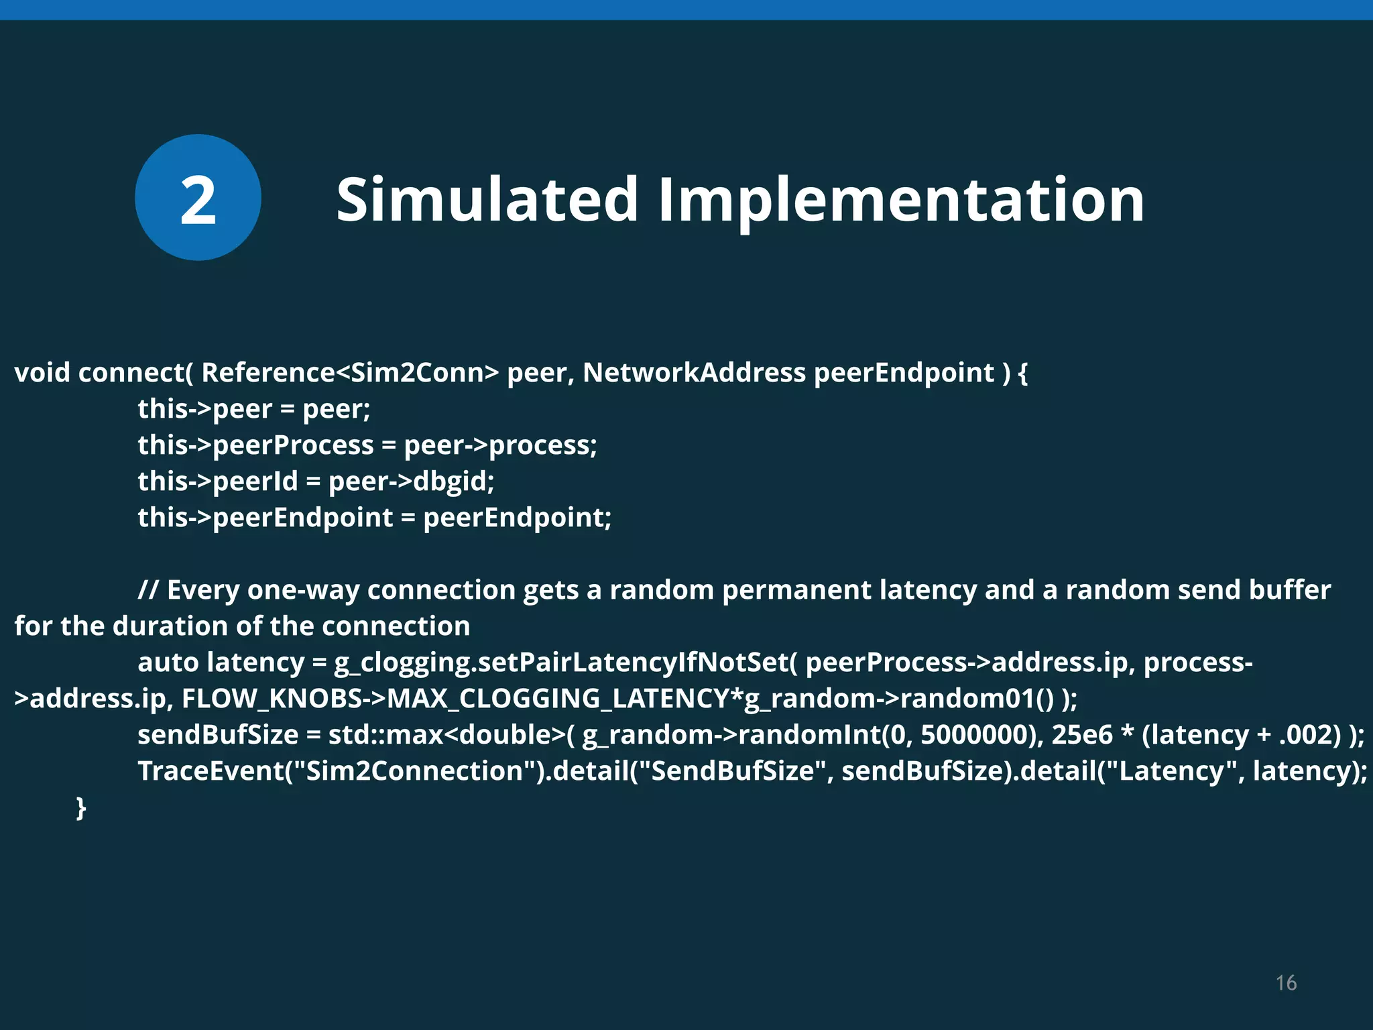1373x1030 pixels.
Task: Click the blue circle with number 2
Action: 198,198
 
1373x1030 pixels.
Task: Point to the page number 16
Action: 1286,983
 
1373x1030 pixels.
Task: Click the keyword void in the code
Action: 42,373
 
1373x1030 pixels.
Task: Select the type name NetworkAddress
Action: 694,373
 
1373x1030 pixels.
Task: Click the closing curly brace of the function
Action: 81,807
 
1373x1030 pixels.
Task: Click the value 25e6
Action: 1081,735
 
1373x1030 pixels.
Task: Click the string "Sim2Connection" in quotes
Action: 414,771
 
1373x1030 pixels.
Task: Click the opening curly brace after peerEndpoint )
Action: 1022,373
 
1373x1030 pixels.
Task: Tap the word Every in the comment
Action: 202,590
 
